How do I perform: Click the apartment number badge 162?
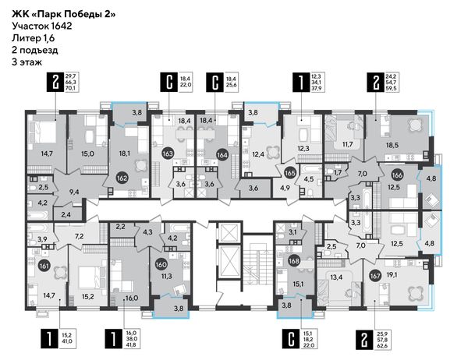tap(122, 178)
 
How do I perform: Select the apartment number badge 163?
tap(168, 154)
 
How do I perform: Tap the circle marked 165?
tap(290, 173)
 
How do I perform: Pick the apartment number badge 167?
tap(375, 276)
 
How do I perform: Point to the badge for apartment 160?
tap(161, 265)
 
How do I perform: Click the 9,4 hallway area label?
tap(74, 192)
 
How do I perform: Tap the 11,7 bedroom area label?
tap(347, 144)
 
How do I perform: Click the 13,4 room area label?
tap(336, 277)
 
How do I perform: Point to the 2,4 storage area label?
tap(66, 214)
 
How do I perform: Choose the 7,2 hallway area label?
tap(79, 237)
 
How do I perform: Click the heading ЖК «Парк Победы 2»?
tap(64, 14)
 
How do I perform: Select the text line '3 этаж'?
tap(27, 62)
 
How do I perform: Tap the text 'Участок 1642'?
tap(42, 26)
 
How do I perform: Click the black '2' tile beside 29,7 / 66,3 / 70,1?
tap(55, 82)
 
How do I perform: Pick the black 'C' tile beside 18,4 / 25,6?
tap(215, 82)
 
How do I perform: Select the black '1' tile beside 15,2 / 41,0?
tap(49, 339)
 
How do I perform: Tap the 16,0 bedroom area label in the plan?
tap(132, 298)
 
